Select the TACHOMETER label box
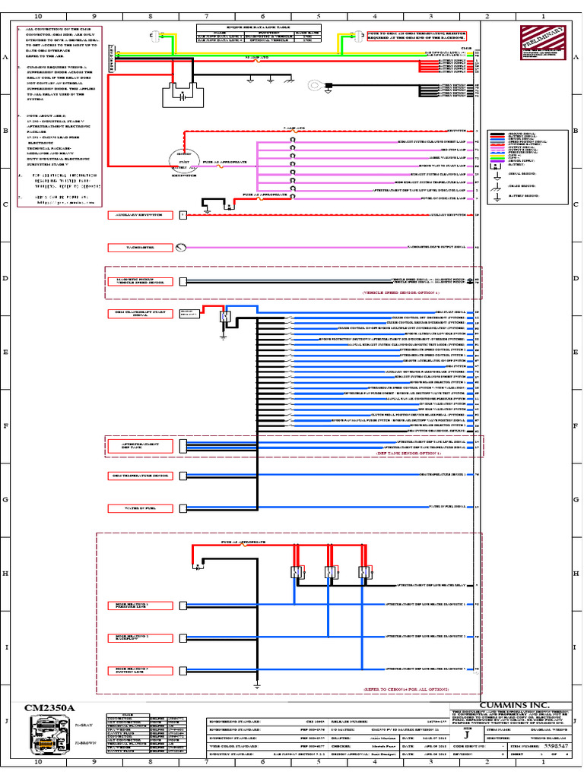tap(140, 248)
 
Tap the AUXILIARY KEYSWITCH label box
tap(140, 215)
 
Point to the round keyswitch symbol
tap(182, 159)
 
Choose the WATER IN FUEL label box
tap(140, 508)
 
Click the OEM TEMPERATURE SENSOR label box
tap(140, 476)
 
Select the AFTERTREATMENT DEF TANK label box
tap(140, 445)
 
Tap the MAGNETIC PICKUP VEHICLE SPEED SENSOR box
tap(140, 281)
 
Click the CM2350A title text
tap(50, 708)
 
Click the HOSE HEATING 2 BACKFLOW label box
tap(140, 637)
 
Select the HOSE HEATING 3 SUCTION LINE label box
tap(140, 670)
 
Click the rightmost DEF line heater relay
tap(364, 573)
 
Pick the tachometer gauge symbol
tap(180, 248)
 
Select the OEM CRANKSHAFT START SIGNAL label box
tap(140, 315)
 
